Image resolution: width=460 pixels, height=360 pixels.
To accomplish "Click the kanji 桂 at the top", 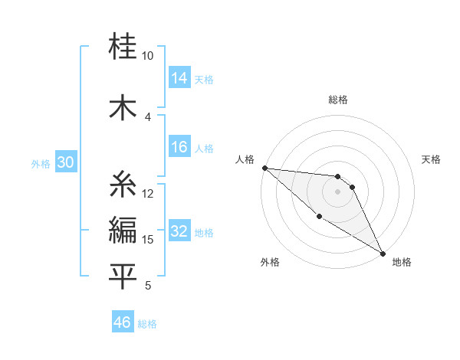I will click(x=123, y=47).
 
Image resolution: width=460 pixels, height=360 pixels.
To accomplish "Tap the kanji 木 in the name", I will click(x=123, y=108).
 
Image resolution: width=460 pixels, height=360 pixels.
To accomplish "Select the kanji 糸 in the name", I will click(x=123, y=185).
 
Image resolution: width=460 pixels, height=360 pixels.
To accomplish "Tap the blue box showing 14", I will click(x=179, y=78).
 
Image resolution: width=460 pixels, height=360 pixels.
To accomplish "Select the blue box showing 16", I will click(x=179, y=147).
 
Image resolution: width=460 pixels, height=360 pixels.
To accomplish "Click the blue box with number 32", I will click(x=179, y=231).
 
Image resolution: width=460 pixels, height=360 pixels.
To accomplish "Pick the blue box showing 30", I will click(x=65, y=162).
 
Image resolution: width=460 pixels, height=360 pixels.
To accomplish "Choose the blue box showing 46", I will click(x=123, y=322).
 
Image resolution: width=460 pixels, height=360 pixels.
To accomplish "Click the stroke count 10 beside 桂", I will click(x=148, y=56).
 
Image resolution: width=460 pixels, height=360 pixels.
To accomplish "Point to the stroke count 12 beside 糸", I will click(x=148, y=193).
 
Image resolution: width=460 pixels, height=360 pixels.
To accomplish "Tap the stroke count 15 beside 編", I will click(x=148, y=240).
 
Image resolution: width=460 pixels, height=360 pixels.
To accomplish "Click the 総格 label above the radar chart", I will click(x=338, y=100).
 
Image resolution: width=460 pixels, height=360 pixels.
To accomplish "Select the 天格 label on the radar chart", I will click(x=432, y=159).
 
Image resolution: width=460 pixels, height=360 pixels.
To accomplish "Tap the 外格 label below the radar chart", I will click(x=270, y=262).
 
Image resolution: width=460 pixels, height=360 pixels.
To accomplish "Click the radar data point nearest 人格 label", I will click(x=264, y=168).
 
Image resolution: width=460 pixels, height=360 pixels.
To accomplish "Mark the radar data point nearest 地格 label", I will click(x=382, y=253).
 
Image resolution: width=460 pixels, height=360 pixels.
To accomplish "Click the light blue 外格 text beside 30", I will click(x=41, y=163).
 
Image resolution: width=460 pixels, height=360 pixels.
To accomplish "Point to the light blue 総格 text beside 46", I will click(x=147, y=323).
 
